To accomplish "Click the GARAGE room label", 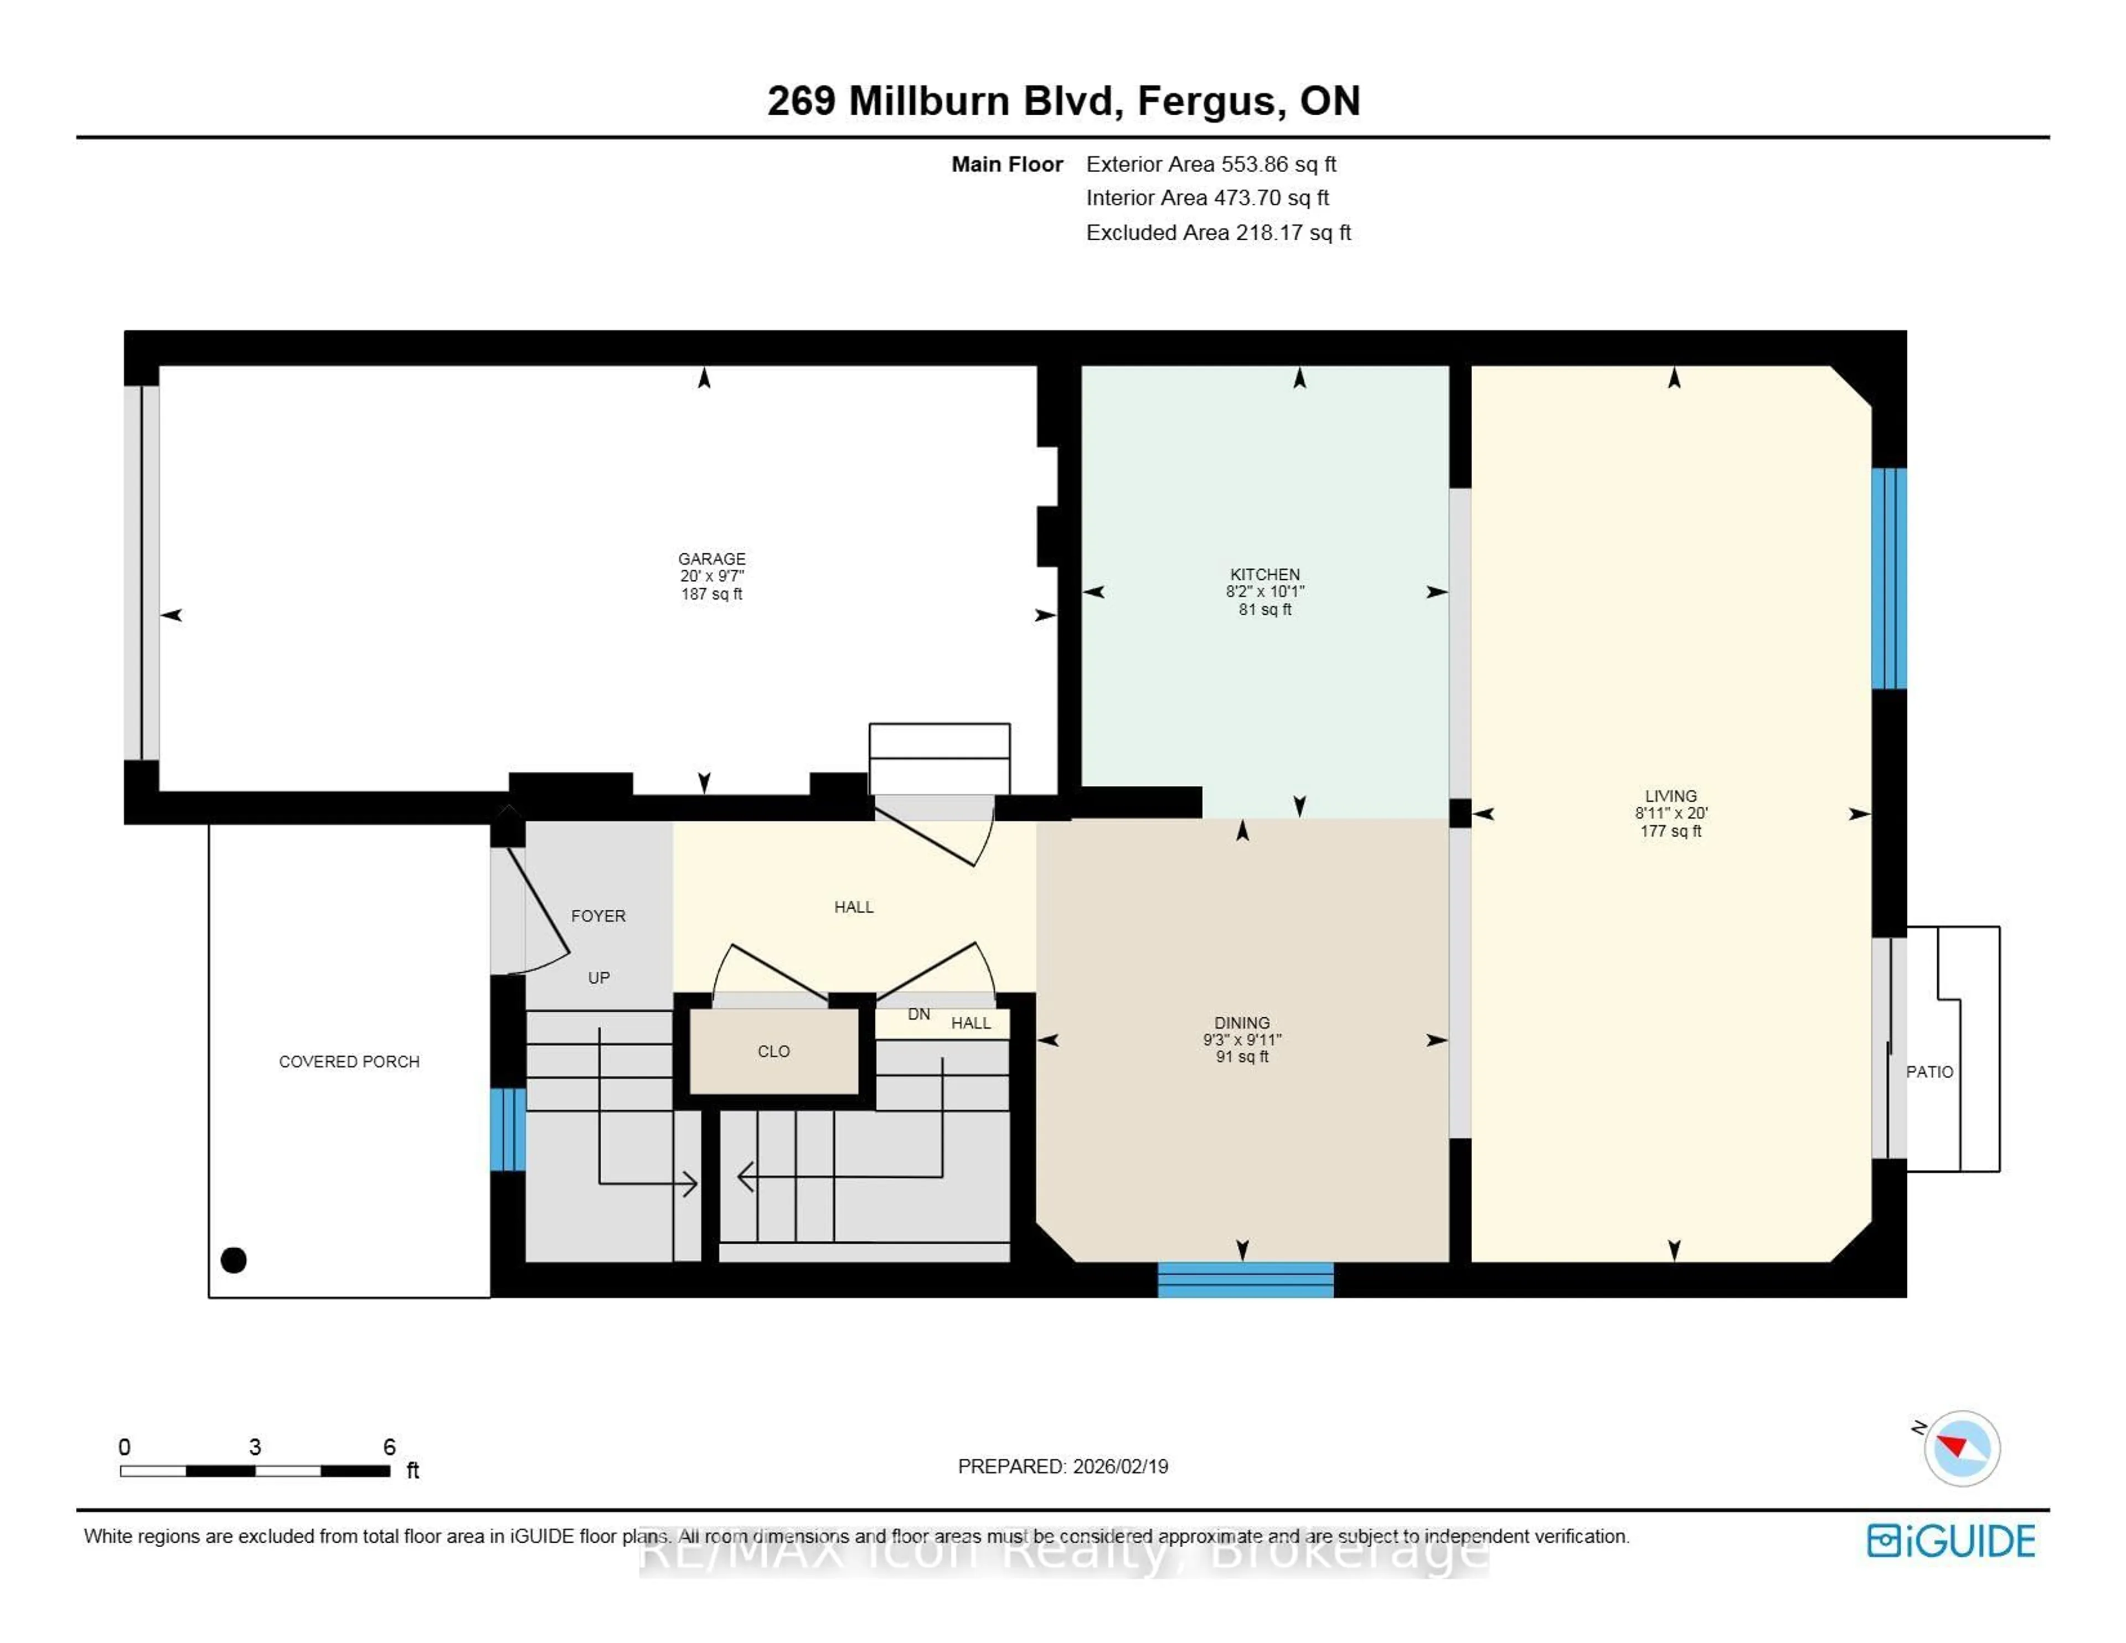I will pos(711,558).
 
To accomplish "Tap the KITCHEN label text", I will pos(1265,574).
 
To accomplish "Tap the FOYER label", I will pos(598,915).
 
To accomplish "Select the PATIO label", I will pos(1928,1072).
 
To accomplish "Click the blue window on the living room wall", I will pos(1888,579).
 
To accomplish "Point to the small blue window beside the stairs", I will pos(507,1129).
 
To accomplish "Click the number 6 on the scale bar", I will pos(389,1446).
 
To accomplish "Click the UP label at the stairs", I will pos(598,977).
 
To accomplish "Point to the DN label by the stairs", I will pos(918,1014).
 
